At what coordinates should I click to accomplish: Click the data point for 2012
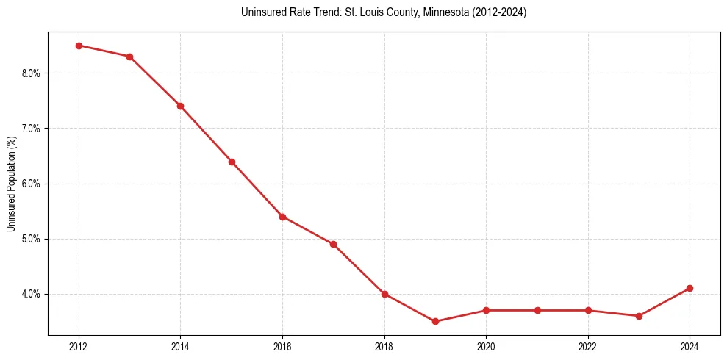(x=79, y=46)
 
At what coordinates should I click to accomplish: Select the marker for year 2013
(x=129, y=57)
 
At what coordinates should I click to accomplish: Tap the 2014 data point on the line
(x=180, y=106)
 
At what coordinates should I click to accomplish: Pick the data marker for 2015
(x=232, y=162)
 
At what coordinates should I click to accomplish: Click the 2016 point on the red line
(x=282, y=217)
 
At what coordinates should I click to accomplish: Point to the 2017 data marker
(x=333, y=244)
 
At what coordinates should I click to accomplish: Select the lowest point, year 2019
(x=435, y=321)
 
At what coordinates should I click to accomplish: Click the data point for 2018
(x=384, y=294)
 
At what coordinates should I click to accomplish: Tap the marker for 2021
(x=537, y=310)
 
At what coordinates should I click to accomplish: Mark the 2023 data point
(x=639, y=316)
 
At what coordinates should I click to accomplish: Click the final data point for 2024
(x=690, y=288)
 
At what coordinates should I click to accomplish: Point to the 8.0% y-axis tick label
(x=33, y=73)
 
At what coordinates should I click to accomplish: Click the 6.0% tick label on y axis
(x=33, y=184)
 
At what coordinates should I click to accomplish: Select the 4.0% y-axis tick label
(x=33, y=294)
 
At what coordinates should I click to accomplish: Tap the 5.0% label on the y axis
(x=33, y=239)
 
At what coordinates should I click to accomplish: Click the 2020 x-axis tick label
(x=486, y=345)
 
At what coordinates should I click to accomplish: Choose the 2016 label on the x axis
(x=282, y=345)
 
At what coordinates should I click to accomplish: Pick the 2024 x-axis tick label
(x=690, y=345)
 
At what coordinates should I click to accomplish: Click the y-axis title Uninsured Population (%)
(x=11, y=184)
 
